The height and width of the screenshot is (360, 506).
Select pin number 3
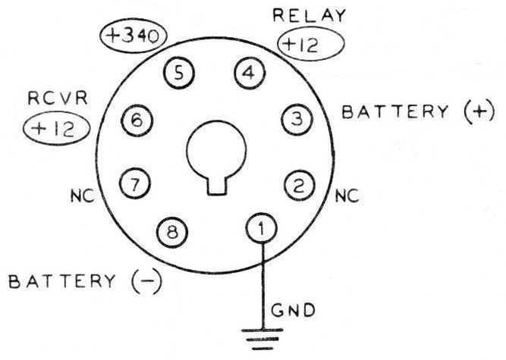(x=297, y=119)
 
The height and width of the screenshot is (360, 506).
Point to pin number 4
(x=247, y=74)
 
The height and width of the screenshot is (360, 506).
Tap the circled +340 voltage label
(x=134, y=36)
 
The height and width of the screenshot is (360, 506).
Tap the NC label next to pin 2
(x=345, y=196)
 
